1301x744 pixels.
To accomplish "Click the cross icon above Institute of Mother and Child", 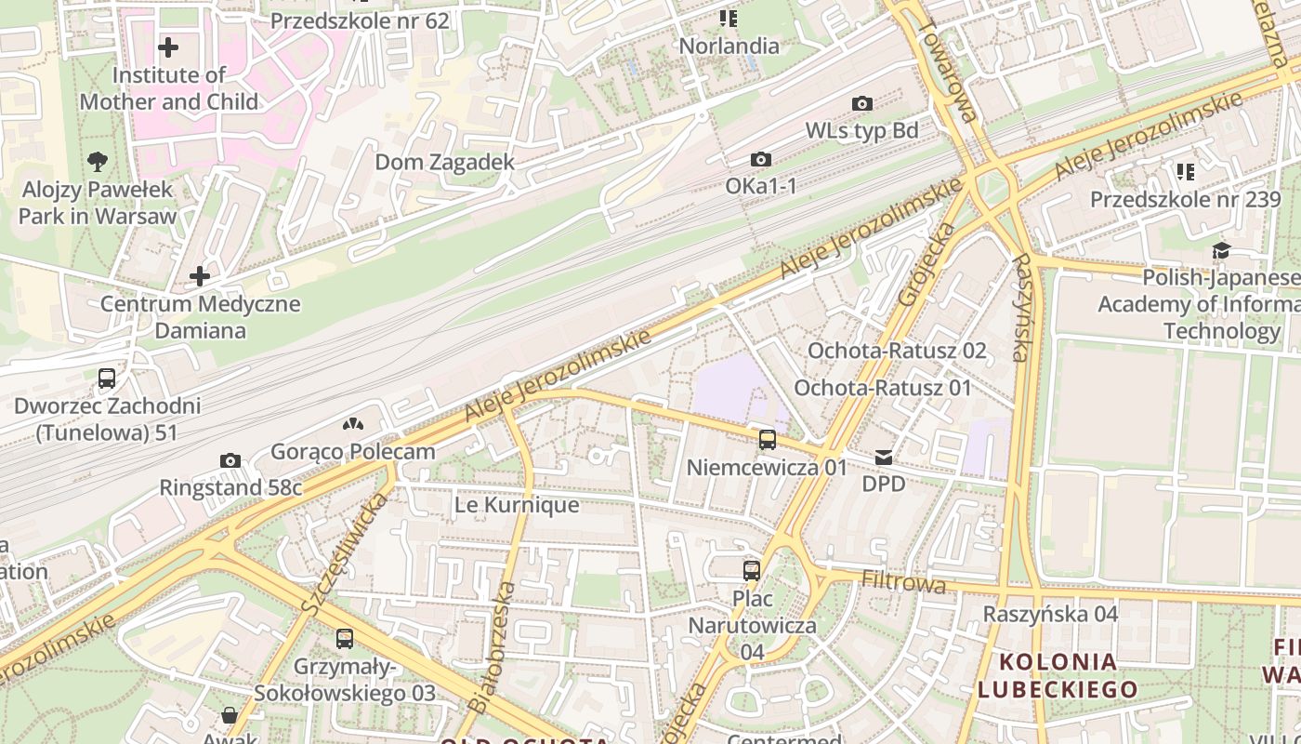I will coord(168,46).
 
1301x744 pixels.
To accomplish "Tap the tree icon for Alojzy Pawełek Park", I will coord(97,162).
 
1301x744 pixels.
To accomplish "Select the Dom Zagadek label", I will coord(444,162).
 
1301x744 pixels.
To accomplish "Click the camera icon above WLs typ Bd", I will coord(861,103).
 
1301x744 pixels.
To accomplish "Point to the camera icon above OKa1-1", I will coord(761,160).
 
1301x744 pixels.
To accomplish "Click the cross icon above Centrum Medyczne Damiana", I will coord(200,276).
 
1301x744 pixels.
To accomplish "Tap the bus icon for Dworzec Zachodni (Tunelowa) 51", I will coord(107,379).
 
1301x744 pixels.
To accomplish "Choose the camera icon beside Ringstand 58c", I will coord(230,460).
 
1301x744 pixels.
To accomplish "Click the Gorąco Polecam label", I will coord(352,452).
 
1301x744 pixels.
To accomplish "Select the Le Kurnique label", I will coord(516,505).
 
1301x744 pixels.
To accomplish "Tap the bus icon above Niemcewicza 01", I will coord(768,440).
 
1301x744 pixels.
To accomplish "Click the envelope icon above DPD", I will coord(883,458).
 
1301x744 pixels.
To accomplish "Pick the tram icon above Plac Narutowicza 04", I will coord(752,570).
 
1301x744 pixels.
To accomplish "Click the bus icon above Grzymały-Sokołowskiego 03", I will coord(345,639).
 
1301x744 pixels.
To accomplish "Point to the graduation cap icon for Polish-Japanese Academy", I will coord(1221,250).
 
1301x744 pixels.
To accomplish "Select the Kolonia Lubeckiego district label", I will coord(1058,675).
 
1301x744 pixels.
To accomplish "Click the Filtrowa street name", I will coord(903,583).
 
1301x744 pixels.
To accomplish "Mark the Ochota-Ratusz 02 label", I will coord(897,351).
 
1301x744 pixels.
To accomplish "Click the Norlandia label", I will coord(729,46).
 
